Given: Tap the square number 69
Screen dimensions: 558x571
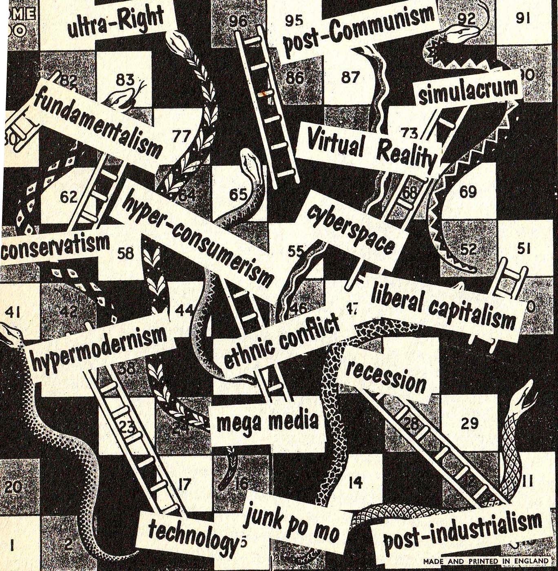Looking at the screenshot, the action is pos(468,191).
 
